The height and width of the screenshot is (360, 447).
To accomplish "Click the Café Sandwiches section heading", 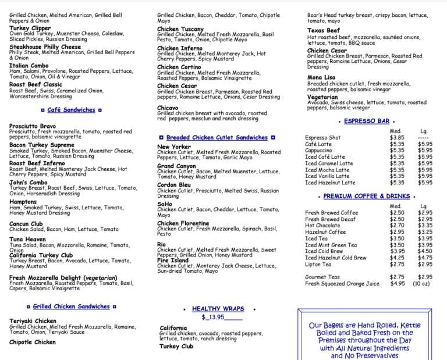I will tap(71, 110).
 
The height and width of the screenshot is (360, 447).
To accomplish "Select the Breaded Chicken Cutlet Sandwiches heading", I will tap(217, 138).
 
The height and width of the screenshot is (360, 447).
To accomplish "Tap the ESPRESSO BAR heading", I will tap(367, 121).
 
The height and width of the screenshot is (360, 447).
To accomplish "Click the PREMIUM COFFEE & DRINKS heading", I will tap(367, 197).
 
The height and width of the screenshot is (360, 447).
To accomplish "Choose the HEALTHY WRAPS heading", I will tap(218, 309).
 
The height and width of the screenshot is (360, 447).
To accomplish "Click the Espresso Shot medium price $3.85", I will tap(397, 138).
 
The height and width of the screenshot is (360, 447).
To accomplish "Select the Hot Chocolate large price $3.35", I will tap(425, 226).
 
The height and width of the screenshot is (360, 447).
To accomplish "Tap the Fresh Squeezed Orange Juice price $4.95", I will tap(398, 284).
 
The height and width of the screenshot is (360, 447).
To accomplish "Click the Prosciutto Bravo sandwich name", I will tap(33, 126).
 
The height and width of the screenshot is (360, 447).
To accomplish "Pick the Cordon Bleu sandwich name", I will tap(174, 185).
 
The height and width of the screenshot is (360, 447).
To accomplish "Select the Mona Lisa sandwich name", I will tap(321, 77).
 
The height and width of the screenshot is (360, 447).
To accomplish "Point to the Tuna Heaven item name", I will tap(27, 239).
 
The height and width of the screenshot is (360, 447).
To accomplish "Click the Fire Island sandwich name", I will tap(173, 260).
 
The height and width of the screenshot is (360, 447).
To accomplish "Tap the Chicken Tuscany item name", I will tap(180, 29).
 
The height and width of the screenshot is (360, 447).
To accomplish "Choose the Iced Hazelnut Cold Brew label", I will tap(336, 258).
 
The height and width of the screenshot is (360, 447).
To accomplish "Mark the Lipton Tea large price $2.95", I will tap(425, 264).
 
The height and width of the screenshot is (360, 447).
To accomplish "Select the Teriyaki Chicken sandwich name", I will tap(33, 321).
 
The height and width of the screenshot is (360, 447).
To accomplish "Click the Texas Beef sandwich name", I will tap(324, 30).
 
